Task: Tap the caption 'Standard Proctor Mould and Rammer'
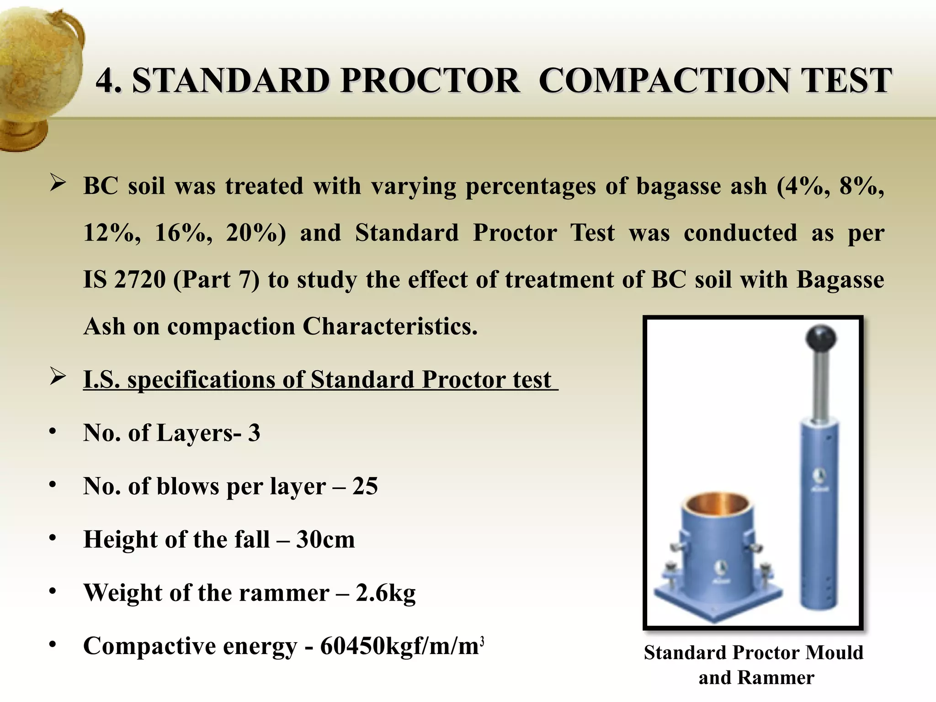[754, 665]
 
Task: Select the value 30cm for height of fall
[325, 540]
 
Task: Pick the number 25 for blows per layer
[365, 486]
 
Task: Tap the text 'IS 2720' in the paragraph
[124, 280]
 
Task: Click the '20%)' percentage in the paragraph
[256, 233]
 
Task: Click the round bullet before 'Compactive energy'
[53, 644]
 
